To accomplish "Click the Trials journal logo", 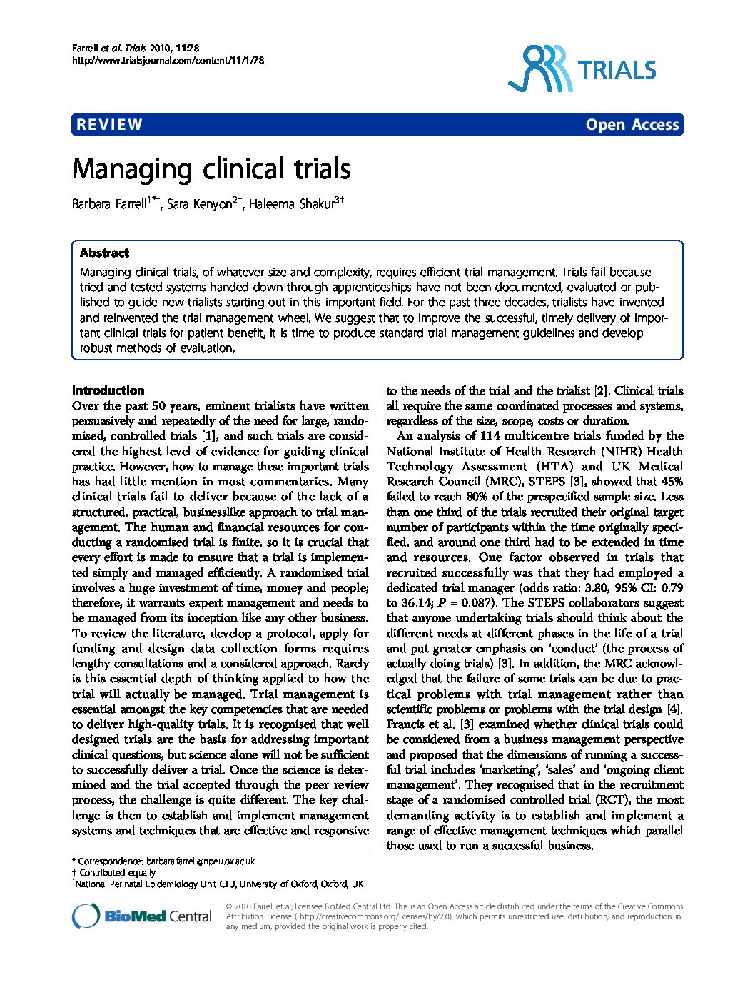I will click(582, 69).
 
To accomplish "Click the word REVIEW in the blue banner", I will click(109, 125).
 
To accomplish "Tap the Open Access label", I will click(632, 125).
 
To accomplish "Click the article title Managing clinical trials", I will click(211, 170).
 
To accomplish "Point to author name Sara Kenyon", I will click(200, 205).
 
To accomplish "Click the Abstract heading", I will click(104, 253).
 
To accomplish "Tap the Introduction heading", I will click(108, 390).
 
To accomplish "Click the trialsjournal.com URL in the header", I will click(168, 61).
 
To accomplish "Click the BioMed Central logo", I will click(142, 916).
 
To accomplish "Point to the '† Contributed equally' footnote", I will click(113, 872).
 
